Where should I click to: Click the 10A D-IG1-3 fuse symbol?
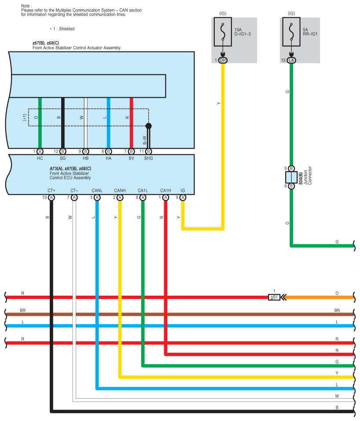(223, 32)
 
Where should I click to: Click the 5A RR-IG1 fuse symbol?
(291, 32)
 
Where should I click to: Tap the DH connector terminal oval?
(223, 60)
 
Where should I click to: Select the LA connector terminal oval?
(291, 60)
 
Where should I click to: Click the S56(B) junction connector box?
(291, 177)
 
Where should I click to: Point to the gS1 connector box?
(274, 297)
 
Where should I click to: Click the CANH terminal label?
(120, 190)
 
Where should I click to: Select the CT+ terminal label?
(51, 190)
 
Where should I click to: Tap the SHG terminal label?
(149, 158)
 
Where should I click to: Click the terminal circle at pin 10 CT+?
(51, 198)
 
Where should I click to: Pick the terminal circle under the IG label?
(183, 198)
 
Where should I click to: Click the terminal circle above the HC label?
(40, 151)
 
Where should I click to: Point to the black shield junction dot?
(149, 126)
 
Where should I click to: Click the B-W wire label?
(144, 140)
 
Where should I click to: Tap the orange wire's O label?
(337, 293)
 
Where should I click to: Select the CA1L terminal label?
(143, 190)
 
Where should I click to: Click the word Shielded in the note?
(66, 29)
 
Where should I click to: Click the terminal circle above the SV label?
(132, 151)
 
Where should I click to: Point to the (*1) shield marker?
(25, 117)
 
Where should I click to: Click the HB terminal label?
(86, 158)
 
